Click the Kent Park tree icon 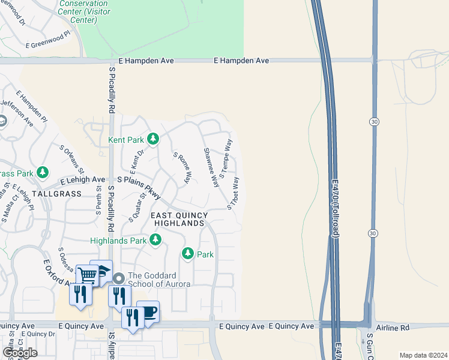pos(153,140)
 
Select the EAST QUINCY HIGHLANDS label pos(178,219)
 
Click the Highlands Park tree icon pos(155,241)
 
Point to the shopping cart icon pos(87,275)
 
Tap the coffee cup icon pos(148,311)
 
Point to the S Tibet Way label pos(234,193)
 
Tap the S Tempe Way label pos(226,158)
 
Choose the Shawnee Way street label pos(210,167)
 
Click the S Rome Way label pos(182,167)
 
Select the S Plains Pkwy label pos(139,187)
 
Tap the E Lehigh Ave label pos(83,179)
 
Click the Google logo pos(20,352)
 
